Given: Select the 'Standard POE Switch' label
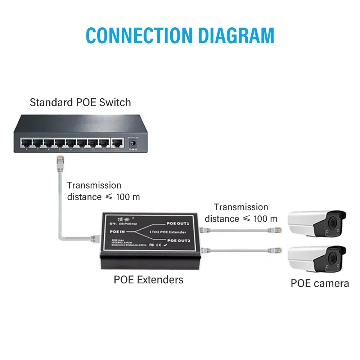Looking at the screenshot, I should tap(80, 102).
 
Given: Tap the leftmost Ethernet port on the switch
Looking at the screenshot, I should tap(26, 143).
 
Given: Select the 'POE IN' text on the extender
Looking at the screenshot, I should tap(116, 232).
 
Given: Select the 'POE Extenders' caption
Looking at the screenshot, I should tap(148, 280).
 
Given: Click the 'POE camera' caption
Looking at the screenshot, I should tap(320, 283).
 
